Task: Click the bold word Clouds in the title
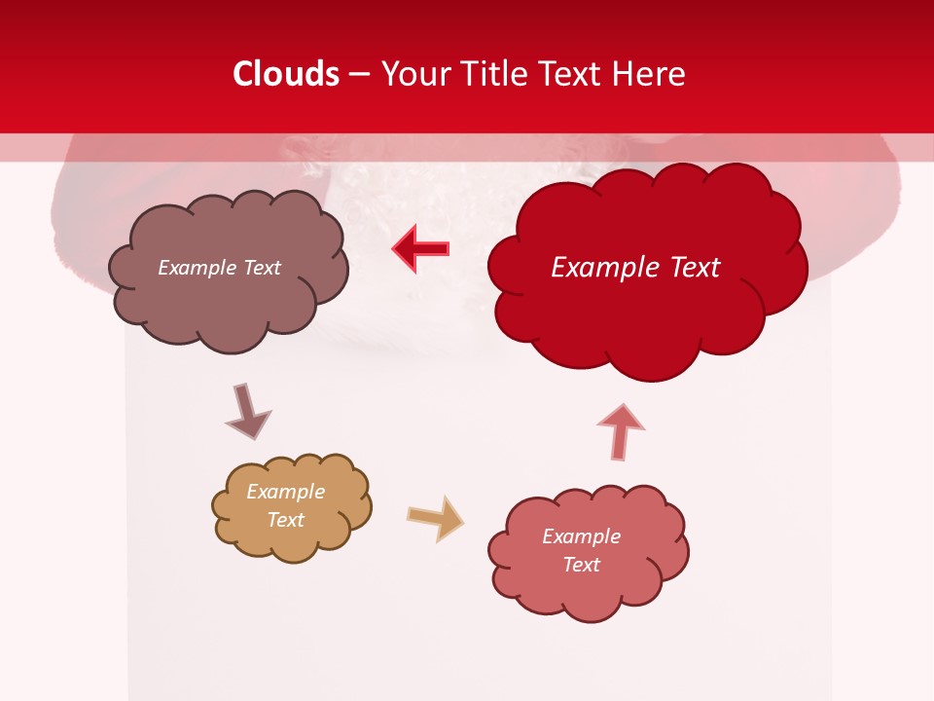pyautogui.click(x=286, y=74)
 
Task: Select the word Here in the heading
pyautogui.click(x=650, y=74)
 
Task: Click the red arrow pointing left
pyautogui.click(x=421, y=248)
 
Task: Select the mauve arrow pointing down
pyautogui.click(x=246, y=411)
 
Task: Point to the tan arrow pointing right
pyautogui.click(x=435, y=517)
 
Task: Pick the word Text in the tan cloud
pyautogui.click(x=286, y=520)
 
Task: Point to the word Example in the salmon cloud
pyautogui.click(x=581, y=536)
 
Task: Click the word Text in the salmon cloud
pyautogui.click(x=581, y=565)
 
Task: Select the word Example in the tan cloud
pyautogui.click(x=286, y=492)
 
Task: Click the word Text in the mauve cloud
pyautogui.click(x=260, y=268)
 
